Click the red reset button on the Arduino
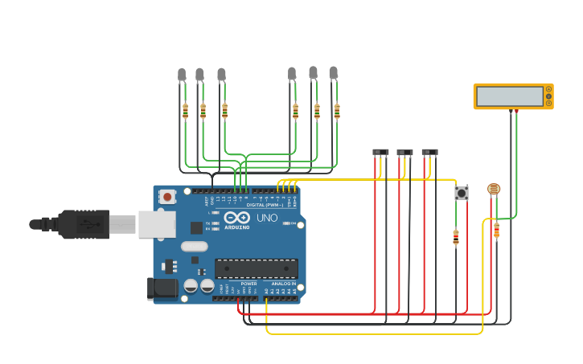coord(167,196)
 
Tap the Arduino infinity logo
coord(236,218)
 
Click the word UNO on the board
coord(266,218)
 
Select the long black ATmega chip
coord(256,268)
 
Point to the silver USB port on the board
coord(156,224)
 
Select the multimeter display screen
coord(509,96)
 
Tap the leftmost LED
coord(182,76)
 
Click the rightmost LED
coord(333,73)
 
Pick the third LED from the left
coord(221,75)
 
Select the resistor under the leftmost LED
coord(185,111)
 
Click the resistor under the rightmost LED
coord(337,111)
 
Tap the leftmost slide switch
coord(380,152)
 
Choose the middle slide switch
coord(404,152)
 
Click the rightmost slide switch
coord(429,151)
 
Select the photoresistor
coord(494,189)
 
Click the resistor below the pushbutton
coord(456,236)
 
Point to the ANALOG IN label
coord(282,284)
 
